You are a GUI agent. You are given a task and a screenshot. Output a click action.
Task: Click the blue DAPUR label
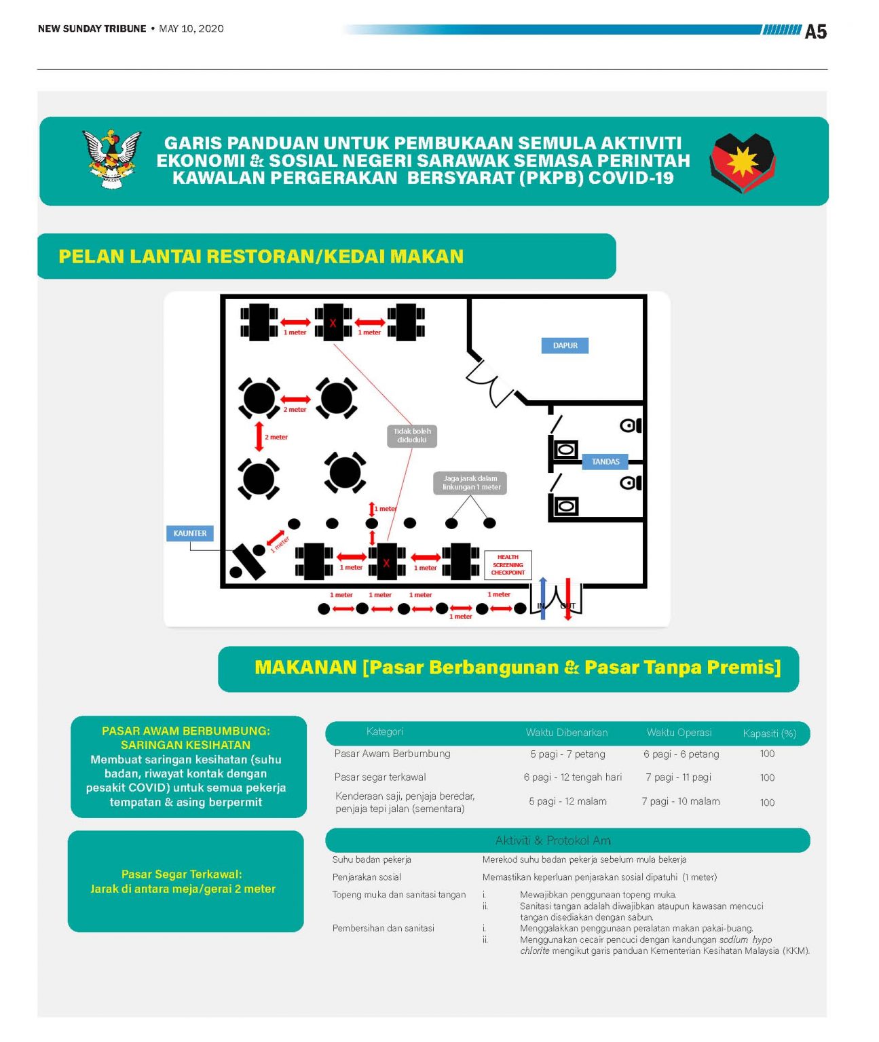(x=564, y=345)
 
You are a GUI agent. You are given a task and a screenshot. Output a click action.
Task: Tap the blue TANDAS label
(x=605, y=461)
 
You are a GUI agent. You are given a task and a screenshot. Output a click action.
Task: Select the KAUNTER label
(x=189, y=533)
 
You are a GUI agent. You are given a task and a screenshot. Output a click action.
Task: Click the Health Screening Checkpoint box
(x=508, y=564)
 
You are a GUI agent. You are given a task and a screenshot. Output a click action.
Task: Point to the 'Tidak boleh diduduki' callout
(x=412, y=436)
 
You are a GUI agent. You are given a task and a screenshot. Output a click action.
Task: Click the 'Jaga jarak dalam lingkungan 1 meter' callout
(x=470, y=482)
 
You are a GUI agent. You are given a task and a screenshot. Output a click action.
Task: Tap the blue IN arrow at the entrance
(x=543, y=598)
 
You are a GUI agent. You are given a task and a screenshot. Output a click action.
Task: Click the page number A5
(x=815, y=31)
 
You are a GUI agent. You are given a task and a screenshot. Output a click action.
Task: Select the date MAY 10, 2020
(x=191, y=28)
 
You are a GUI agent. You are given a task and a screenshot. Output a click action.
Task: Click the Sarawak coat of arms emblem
(x=112, y=159)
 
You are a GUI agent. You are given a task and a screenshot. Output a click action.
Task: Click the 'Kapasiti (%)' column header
(x=769, y=733)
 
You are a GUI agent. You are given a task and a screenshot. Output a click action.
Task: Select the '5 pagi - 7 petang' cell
(x=567, y=754)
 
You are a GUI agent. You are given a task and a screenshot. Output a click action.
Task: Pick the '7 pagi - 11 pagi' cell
(x=678, y=777)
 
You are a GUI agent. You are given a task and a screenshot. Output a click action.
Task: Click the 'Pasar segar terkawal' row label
(x=380, y=777)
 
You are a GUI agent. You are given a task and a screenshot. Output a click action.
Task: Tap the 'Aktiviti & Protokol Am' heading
(x=553, y=841)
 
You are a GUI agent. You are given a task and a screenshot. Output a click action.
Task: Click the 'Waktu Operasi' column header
(x=679, y=733)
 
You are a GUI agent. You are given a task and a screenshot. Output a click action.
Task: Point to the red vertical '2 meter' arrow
(x=259, y=436)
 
